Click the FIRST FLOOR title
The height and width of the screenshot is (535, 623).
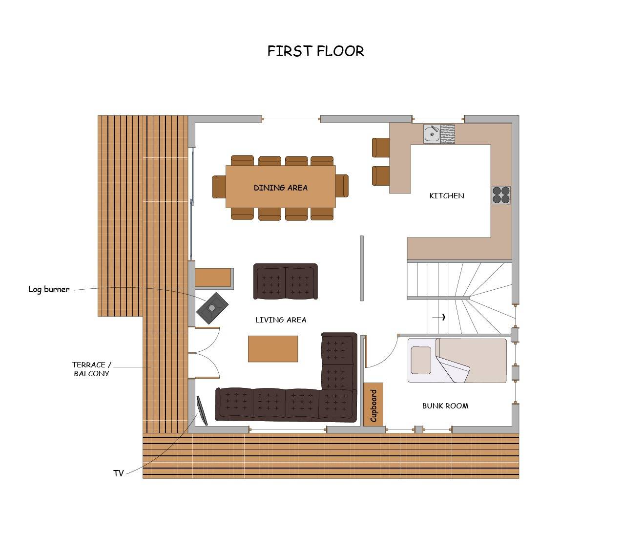315,51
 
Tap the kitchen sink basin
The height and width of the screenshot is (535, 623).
432,134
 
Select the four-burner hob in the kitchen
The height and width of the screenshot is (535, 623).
501,195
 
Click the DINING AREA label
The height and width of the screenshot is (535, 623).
281,188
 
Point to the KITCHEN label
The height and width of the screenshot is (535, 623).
447,196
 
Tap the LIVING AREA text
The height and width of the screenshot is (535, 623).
281,320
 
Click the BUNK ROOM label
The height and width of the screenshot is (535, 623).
445,406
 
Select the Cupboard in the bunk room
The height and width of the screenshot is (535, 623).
373,405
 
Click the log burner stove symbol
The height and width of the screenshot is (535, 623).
212,308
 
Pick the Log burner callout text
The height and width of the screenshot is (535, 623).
49,289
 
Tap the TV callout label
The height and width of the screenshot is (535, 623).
119,473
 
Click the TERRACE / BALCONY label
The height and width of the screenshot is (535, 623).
91,369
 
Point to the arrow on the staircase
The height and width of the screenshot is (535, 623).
439,317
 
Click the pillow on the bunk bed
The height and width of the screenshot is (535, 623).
421,361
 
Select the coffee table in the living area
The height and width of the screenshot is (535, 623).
273,349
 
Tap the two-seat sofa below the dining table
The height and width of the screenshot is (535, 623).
286,281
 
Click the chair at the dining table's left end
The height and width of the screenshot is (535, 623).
219,187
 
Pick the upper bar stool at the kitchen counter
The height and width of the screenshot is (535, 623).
381,148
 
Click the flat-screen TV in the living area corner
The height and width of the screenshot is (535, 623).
202,410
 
